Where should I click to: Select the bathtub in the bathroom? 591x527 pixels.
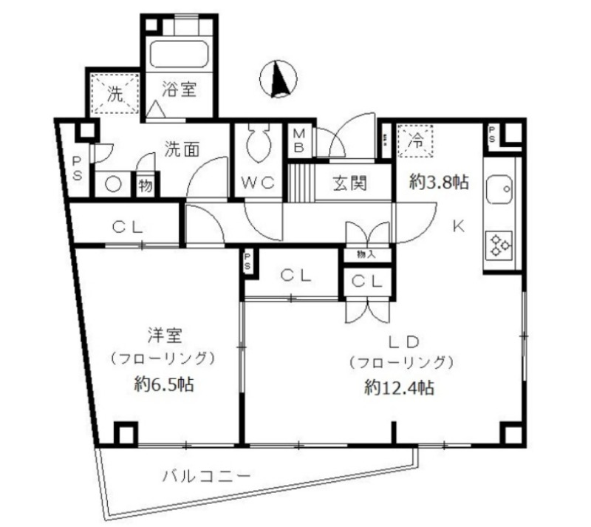pyautogui.click(x=180, y=53)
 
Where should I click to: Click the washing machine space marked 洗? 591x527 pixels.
pyautogui.click(x=115, y=93)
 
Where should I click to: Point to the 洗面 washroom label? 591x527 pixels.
pyautogui.click(x=181, y=149)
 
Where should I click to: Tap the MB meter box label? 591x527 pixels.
pyautogui.click(x=301, y=140)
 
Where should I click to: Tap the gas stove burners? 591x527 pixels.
pyautogui.click(x=502, y=245)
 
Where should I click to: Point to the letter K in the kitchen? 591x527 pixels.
pyautogui.click(x=458, y=227)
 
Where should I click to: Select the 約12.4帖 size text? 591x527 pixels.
pyautogui.click(x=399, y=387)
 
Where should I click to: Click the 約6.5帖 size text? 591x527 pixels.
pyautogui.click(x=165, y=384)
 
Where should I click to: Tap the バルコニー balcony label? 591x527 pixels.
pyautogui.click(x=208, y=475)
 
